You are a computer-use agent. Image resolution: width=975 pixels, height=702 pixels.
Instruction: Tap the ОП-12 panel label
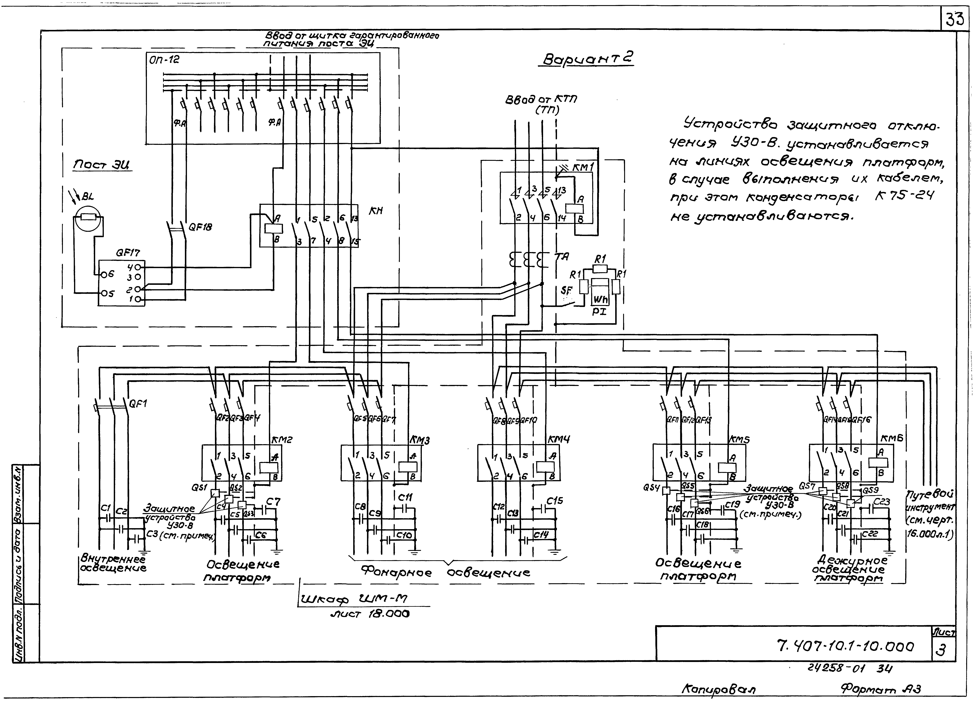pos(164,60)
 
